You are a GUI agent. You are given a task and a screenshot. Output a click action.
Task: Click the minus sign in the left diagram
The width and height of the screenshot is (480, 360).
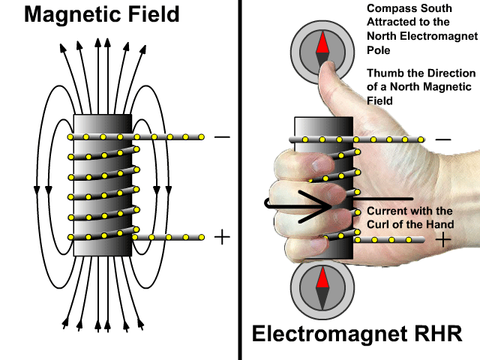click(221, 137)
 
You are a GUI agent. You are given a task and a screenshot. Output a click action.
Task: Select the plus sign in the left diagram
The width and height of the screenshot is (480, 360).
click(221, 237)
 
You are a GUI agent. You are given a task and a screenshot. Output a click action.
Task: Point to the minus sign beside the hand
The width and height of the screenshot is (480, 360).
click(443, 139)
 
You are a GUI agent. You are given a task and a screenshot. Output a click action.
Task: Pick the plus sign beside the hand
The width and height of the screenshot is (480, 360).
click(444, 240)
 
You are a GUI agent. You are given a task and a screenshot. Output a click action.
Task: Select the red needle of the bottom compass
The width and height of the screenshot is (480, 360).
click(322, 279)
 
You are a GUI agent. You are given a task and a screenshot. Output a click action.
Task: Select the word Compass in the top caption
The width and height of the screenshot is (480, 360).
click(388, 9)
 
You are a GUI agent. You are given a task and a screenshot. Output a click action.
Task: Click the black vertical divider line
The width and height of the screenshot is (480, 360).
click(240, 180)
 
